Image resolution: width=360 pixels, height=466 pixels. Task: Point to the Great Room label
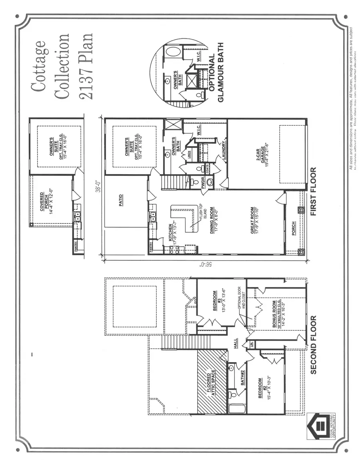(254, 225)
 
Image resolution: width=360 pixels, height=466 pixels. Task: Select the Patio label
(120, 201)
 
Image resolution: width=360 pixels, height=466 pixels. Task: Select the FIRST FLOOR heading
(313, 192)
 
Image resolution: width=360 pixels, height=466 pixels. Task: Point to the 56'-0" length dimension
(205, 265)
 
